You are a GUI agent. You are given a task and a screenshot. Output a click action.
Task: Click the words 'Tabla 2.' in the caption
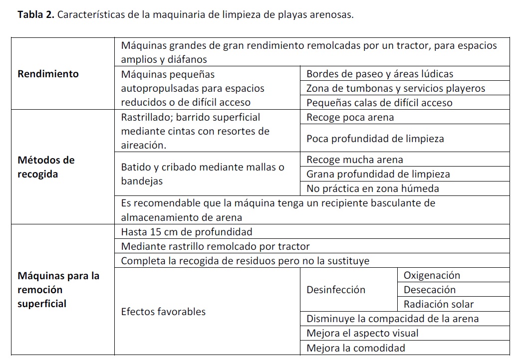click(x=36, y=14)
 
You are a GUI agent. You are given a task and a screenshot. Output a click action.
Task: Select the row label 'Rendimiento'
click(x=48, y=74)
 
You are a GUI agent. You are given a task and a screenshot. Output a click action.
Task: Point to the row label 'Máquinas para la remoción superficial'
click(x=58, y=290)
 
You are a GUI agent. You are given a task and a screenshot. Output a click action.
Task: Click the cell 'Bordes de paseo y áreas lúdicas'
click(x=380, y=74)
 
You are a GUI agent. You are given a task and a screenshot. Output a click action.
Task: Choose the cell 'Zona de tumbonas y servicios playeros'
click(x=396, y=88)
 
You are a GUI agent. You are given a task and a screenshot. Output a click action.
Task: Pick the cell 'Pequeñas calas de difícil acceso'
click(x=379, y=103)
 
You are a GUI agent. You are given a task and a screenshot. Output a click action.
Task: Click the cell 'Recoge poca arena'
click(x=350, y=117)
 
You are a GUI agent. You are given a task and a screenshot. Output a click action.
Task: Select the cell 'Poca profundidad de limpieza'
click(x=375, y=139)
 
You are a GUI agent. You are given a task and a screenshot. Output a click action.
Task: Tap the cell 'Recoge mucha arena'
click(x=354, y=160)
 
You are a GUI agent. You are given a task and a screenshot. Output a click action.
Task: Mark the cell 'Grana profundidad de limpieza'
click(x=378, y=174)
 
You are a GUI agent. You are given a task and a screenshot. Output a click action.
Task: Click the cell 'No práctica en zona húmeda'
click(x=372, y=188)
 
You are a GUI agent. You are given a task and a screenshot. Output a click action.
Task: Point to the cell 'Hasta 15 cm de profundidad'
click(x=187, y=232)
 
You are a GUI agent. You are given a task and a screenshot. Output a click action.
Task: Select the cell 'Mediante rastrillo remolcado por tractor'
click(x=215, y=246)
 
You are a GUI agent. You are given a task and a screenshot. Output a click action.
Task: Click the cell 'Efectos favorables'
click(x=163, y=312)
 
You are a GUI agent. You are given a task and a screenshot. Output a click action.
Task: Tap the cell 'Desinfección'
click(x=336, y=290)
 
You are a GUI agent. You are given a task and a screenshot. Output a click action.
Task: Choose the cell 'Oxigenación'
click(x=432, y=275)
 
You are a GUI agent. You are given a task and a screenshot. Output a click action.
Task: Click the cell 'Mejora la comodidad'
click(x=356, y=348)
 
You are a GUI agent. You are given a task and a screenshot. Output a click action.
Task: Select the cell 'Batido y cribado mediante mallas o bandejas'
click(x=203, y=174)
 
